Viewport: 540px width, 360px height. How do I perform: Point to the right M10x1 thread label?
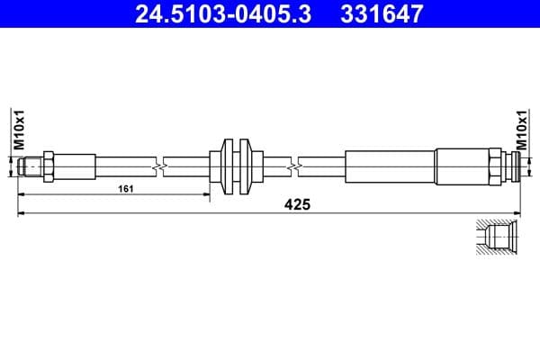pos(521,129)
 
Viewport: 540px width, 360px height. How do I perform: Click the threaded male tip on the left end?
pos(30,166)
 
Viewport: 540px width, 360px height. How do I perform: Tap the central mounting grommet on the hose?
pos(236,166)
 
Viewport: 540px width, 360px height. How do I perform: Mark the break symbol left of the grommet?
pos(159,166)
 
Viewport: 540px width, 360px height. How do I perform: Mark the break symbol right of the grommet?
pos(294,166)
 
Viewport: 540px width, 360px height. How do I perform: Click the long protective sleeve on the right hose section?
pos(389,166)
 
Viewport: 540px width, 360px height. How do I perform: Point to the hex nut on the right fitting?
pos(495,166)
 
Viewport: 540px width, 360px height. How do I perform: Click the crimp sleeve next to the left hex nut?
pos(77,166)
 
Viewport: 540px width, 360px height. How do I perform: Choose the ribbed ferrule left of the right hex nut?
pos(460,166)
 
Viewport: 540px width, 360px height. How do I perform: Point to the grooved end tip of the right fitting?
pos(512,166)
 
